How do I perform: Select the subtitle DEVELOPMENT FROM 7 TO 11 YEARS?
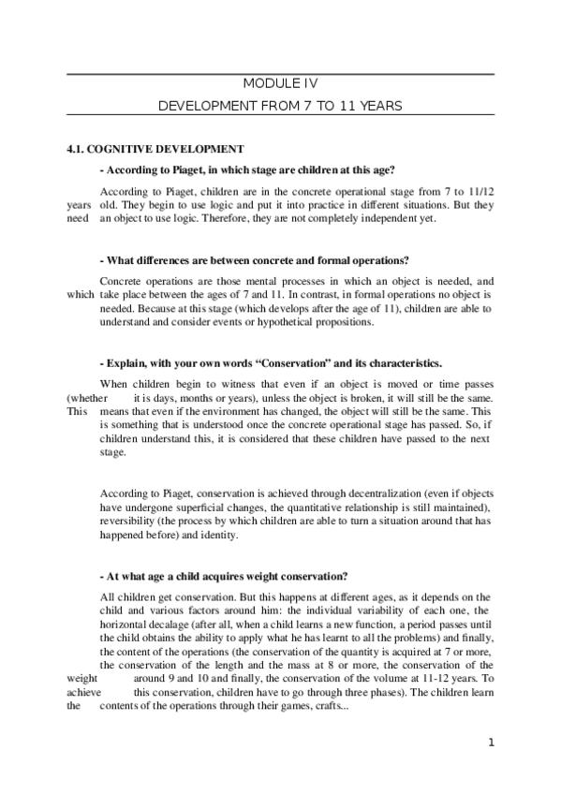(x=281, y=106)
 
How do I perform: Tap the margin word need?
(x=78, y=218)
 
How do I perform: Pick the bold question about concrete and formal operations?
(x=253, y=259)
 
